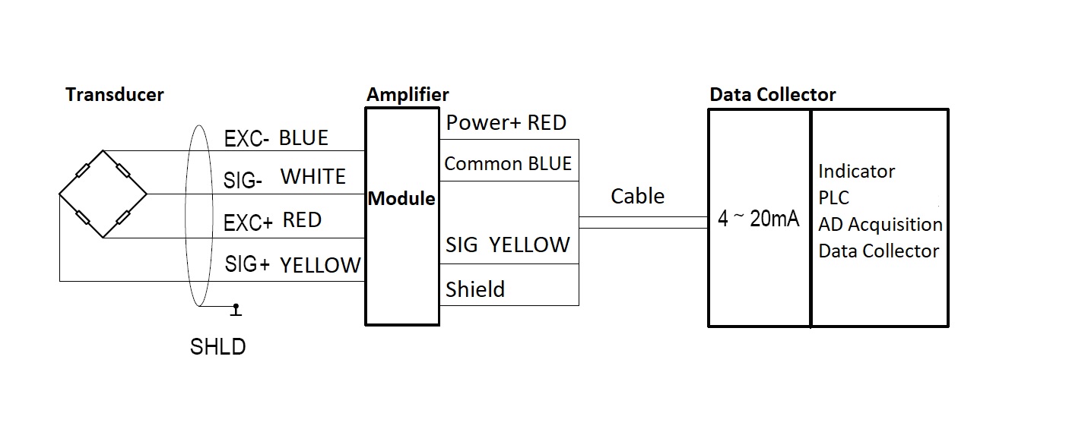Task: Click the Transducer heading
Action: tap(115, 95)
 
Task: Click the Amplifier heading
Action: tap(408, 95)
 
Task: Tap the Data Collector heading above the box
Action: tap(772, 95)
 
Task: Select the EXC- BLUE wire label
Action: tap(276, 139)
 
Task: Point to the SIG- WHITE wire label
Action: tap(284, 178)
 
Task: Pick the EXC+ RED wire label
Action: tap(272, 221)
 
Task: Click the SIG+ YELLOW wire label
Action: tap(293, 265)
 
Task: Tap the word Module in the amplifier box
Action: tap(401, 198)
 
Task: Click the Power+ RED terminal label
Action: tap(506, 123)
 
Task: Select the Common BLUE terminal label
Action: tap(508, 164)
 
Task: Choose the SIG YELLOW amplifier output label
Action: tap(508, 245)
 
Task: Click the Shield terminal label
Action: tap(475, 289)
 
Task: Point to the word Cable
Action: tap(637, 197)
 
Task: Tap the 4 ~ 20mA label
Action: tap(758, 219)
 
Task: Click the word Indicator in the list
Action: tap(856, 172)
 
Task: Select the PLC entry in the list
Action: tap(833, 198)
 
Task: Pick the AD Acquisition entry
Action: tap(880, 225)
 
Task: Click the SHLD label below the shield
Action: tap(217, 347)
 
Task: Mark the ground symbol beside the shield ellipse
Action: tap(236, 310)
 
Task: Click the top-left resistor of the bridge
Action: tap(81, 172)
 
